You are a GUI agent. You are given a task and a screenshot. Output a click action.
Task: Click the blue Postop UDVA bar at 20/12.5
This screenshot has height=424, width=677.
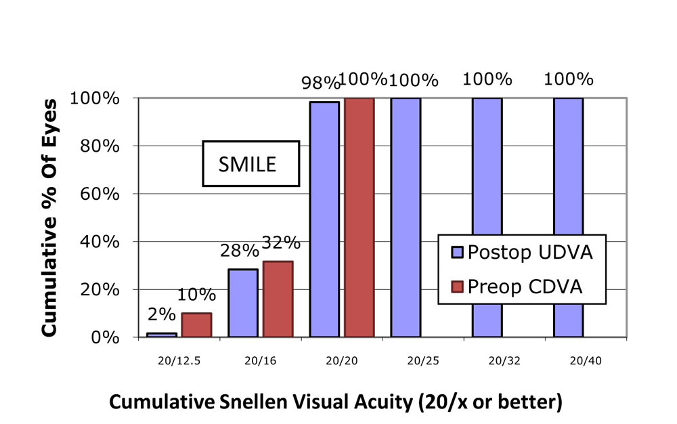tap(162, 334)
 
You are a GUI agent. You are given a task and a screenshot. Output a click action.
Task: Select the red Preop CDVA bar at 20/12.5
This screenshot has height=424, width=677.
tap(196, 324)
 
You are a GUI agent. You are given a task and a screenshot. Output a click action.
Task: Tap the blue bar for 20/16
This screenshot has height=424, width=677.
tap(243, 303)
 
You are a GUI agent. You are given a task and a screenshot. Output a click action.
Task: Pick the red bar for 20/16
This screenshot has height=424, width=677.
tap(278, 299)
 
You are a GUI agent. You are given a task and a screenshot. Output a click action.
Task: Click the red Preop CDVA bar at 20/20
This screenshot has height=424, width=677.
tap(359, 217)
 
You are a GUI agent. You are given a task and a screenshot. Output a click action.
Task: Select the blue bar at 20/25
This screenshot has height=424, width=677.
tap(406, 217)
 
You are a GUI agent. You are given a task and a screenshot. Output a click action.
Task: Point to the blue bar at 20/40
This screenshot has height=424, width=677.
tap(568, 217)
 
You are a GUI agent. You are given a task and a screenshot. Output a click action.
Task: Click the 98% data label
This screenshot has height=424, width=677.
tap(320, 83)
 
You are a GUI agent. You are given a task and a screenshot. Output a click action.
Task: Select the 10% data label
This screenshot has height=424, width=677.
tap(197, 295)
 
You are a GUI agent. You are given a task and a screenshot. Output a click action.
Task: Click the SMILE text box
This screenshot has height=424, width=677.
tap(250, 163)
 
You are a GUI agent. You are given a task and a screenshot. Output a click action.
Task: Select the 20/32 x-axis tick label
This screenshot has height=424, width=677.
tap(487, 361)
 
